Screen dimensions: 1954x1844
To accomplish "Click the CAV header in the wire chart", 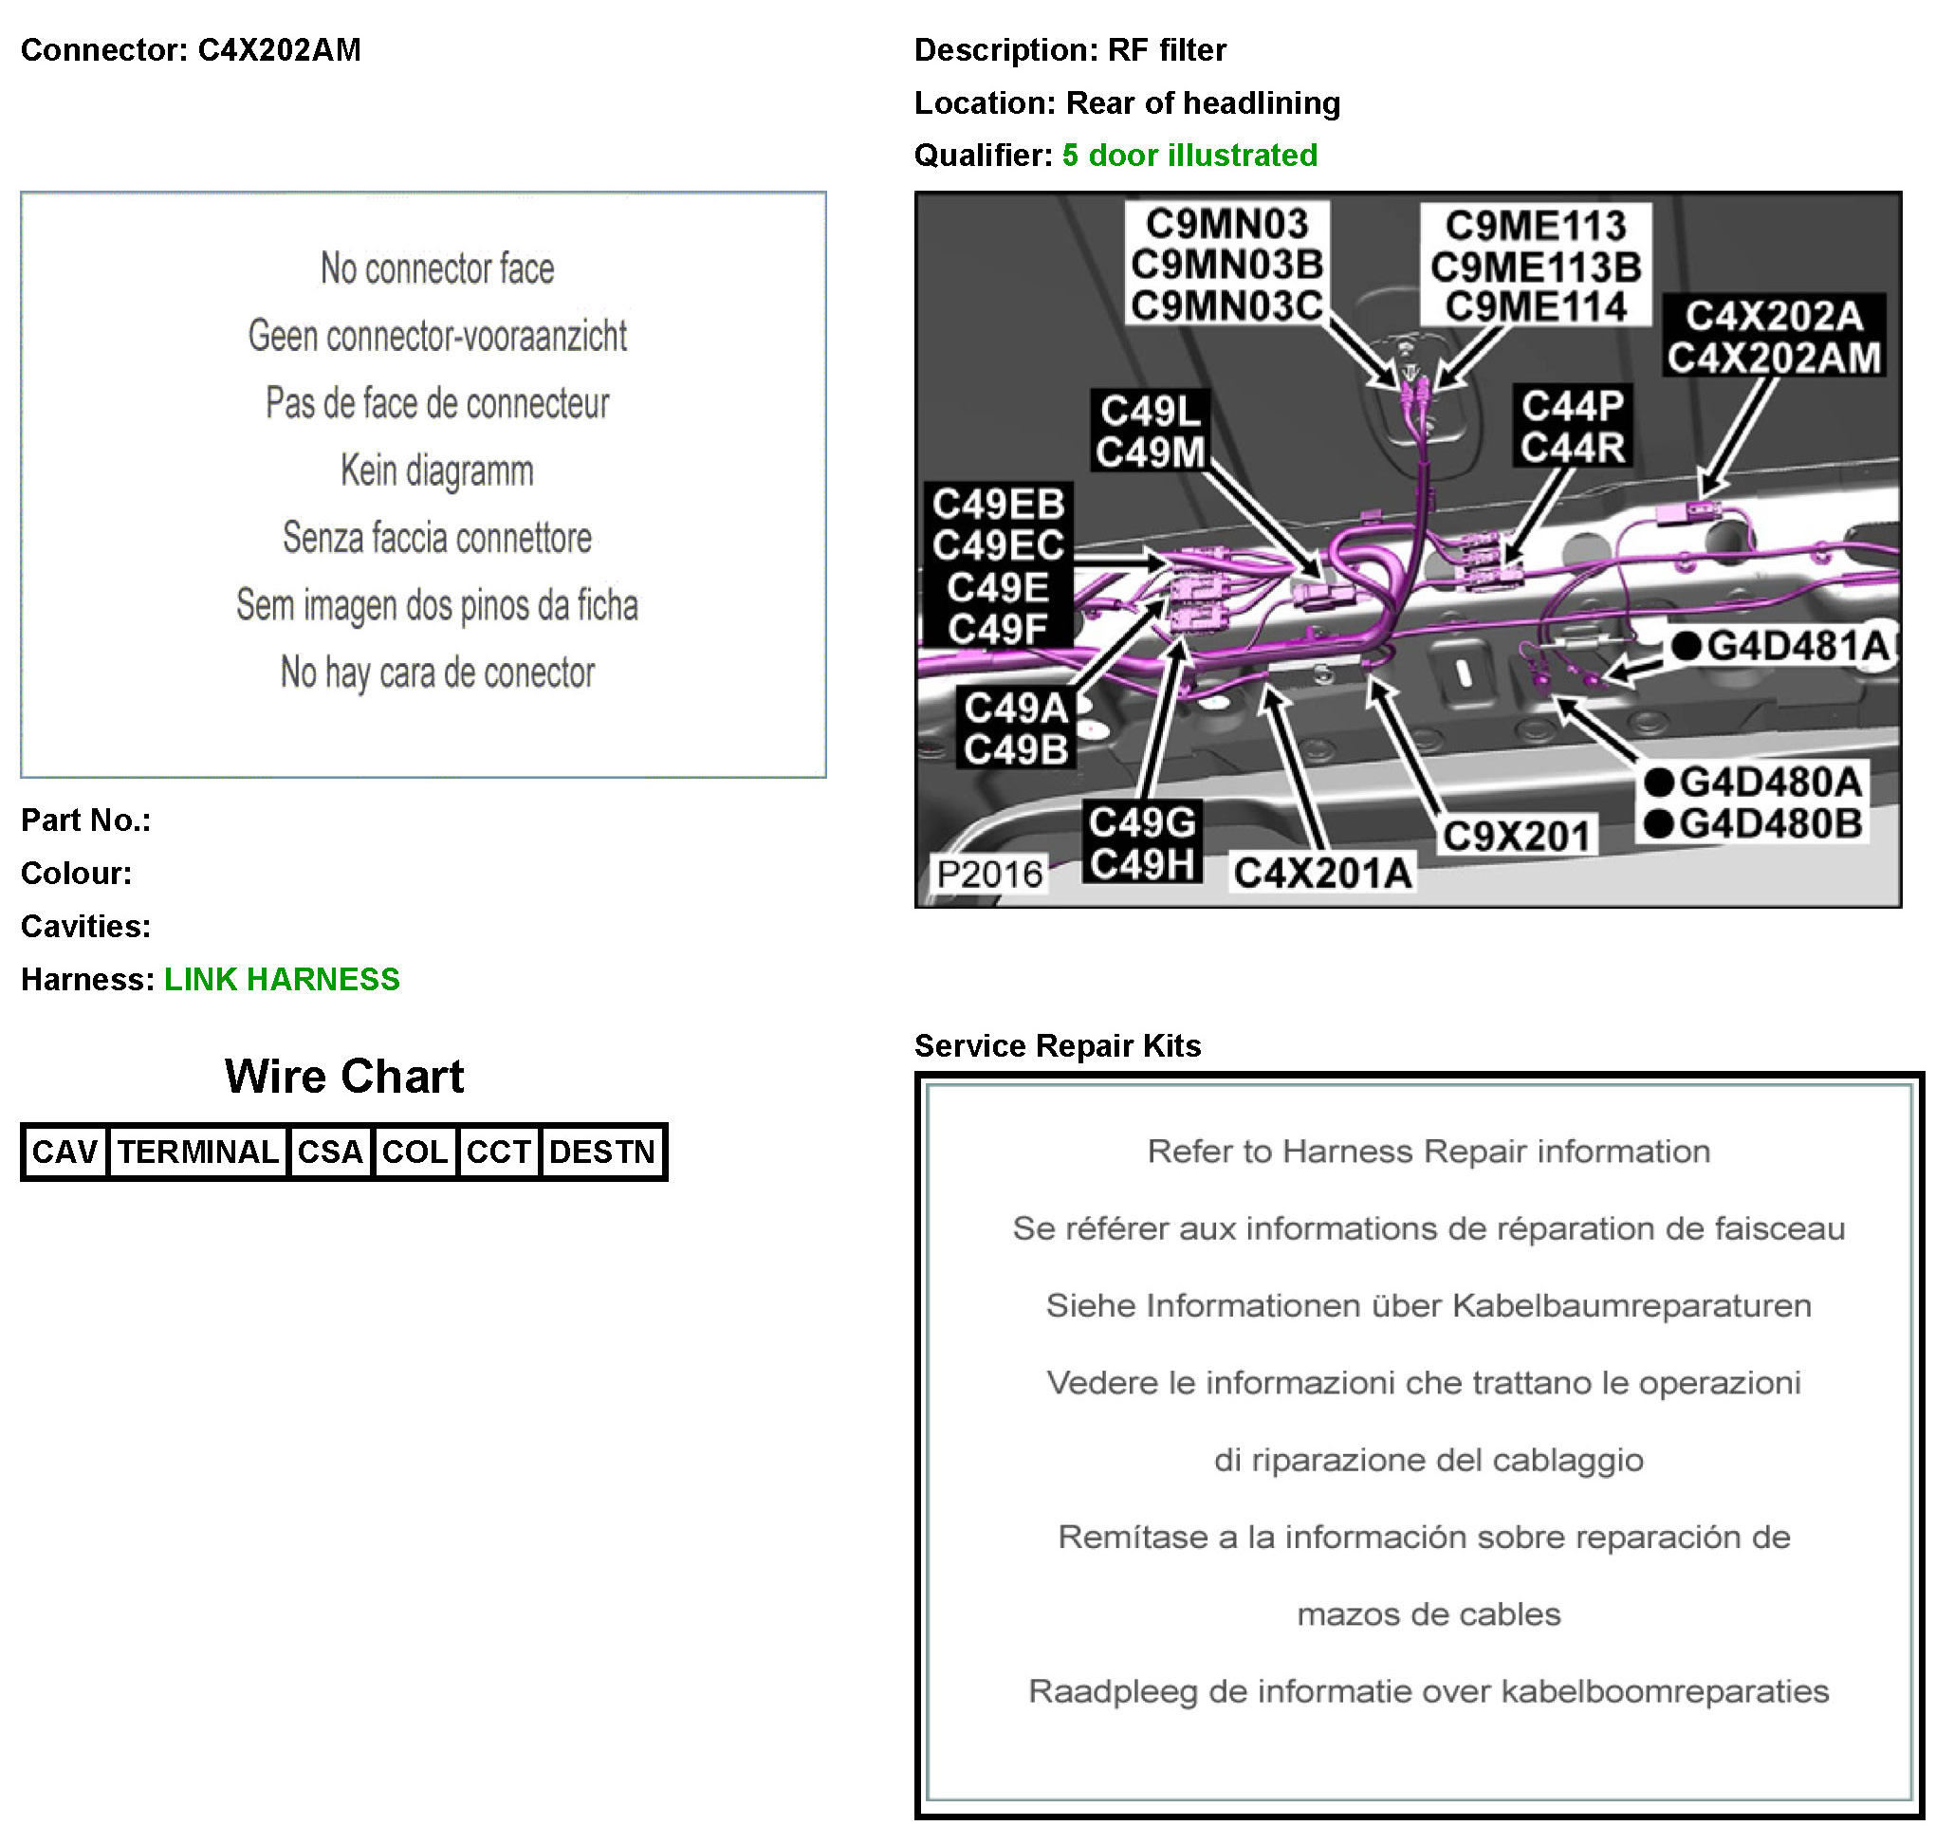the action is [x=65, y=1152].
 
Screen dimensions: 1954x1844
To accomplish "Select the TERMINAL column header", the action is [x=197, y=1152].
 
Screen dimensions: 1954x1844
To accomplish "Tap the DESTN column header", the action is [x=602, y=1152].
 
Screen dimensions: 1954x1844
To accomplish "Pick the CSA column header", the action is [x=330, y=1152].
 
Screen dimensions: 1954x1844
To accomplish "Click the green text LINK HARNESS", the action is [x=282, y=979].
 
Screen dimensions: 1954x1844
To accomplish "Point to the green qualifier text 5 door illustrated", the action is [x=1189, y=156].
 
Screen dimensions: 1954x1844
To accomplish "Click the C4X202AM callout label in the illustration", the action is [x=1773, y=358].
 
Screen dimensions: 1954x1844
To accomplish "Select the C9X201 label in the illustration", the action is [x=1516, y=837].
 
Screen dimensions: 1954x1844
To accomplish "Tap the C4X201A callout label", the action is [x=1322, y=873].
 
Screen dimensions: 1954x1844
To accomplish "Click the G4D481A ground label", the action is [x=1797, y=646].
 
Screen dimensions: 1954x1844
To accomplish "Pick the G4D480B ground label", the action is [x=1770, y=823].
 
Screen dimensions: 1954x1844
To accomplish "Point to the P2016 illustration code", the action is [x=988, y=874].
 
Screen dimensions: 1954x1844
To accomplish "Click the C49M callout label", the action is [x=1150, y=452].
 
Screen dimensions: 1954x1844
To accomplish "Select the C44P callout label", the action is [x=1573, y=406].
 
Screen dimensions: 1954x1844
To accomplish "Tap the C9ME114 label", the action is [x=1536, y=306].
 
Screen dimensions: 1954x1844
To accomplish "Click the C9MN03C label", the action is [x=1226, y=305].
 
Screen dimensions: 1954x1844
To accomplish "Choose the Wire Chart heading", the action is [x=344, y=1077].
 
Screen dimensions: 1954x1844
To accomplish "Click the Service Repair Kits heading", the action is [x=1058, y=1046].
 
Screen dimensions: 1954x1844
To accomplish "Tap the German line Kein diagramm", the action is [x=437, y=470].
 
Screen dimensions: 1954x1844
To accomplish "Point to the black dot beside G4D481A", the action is [x=1686, y=646].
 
